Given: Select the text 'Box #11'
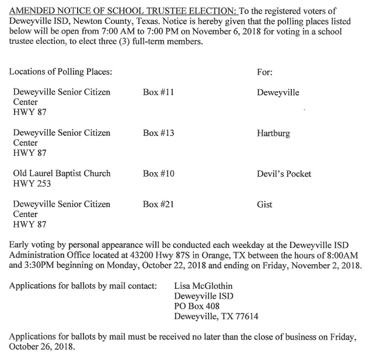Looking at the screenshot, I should pos(158,93).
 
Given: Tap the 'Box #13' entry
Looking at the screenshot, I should pos(158,133).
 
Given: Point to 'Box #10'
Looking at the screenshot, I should pos(158,174).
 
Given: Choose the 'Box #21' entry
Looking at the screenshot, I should pos(158,204).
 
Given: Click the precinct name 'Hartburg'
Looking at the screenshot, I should pos(273,134).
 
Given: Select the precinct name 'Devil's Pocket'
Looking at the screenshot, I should pos(284,174).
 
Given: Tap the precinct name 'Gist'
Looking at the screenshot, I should pos(264,205).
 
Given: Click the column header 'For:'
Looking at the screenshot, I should pos(264,72).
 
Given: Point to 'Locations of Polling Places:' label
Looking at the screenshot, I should pos(61,72).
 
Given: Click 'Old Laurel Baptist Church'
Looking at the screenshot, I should pos(61,174).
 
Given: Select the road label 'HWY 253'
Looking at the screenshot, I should pos(32,184).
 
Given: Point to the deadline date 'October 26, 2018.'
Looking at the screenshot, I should pos(43,347).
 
